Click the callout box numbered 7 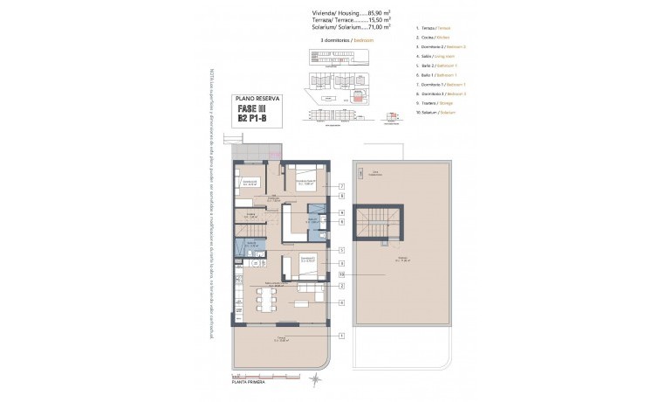(x=342, y=186)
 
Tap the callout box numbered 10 (x=342, y=274)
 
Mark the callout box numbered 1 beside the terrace (x=342, y=336)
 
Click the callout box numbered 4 (x=342, y=302)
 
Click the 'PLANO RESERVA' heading (x=258, y=99)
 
